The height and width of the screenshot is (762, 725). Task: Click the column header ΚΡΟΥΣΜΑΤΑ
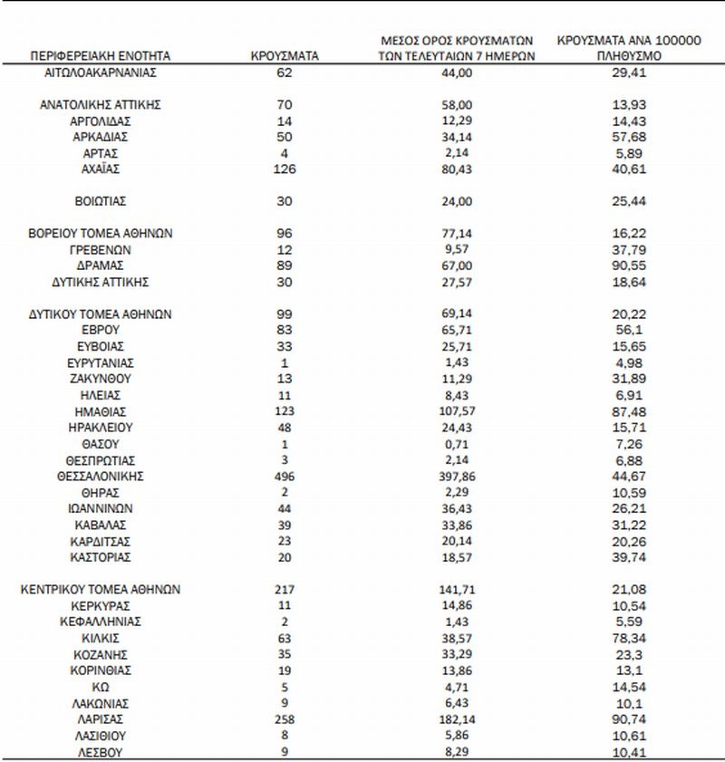tap(284, 56)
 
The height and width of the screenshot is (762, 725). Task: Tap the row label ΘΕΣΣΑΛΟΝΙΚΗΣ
tap(101, 476)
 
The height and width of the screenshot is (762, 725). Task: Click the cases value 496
tap(284, 476)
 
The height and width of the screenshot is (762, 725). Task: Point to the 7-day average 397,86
tap(457, 476)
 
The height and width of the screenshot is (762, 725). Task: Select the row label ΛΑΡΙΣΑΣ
tap(101, 719)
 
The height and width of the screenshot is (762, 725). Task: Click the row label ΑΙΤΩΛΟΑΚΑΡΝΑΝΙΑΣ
tap(101, 72)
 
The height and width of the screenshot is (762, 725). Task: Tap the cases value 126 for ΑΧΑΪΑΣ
tap(284, 169)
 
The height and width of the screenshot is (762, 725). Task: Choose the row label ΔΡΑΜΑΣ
tap(101, 265)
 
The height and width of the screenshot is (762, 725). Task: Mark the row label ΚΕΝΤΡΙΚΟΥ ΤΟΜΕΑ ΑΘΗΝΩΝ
tap(101, 589)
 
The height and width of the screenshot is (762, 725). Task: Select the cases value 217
tap(284, 589)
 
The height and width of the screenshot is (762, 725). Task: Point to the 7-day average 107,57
tap(457, 411)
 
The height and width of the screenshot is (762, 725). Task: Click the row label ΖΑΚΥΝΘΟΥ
tap(101, 379)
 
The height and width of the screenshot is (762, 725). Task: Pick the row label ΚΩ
tap(101, 687)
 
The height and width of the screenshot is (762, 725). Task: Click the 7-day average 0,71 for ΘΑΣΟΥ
tap(457, 444)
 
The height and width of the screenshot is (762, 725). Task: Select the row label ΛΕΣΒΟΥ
tap(101, 752)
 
